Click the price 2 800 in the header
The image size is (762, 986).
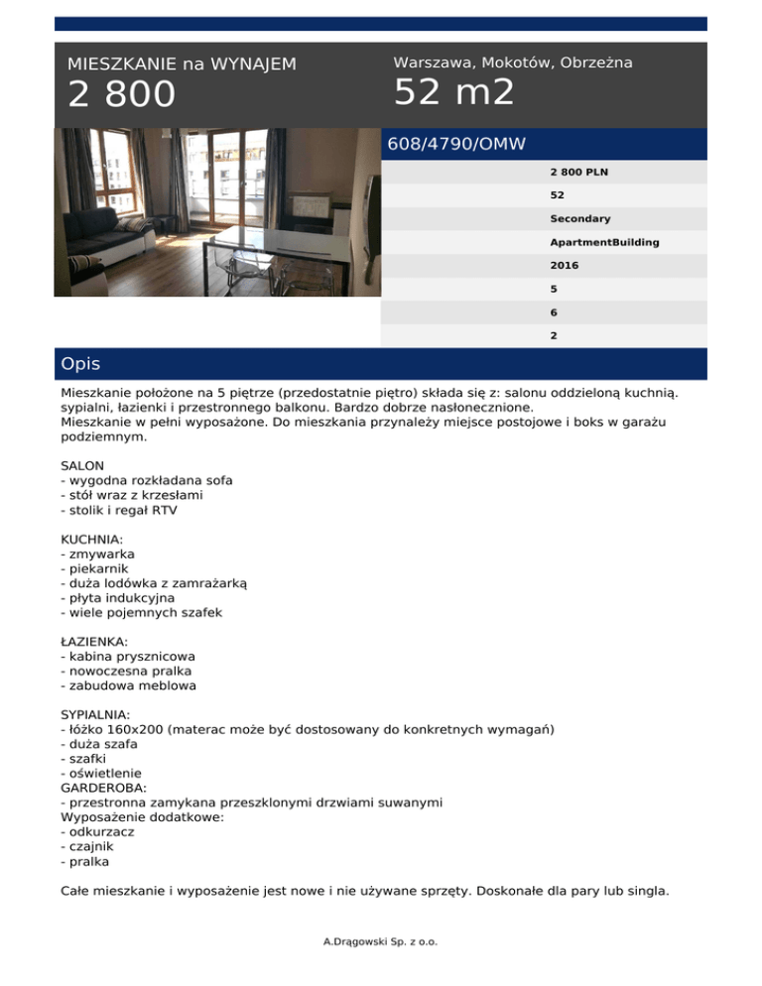click(x=121, y=95)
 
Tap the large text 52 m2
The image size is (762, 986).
click(x=453, y=92)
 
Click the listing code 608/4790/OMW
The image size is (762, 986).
click(x=455, y=144)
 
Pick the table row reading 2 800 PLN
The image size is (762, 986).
click(x=579, y=171)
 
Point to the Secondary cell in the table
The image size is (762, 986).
click(x=580, y=218)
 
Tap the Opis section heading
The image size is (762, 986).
click(x=80, y=364)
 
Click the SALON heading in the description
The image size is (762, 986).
click(x=83, y=464)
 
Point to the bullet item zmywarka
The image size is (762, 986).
click(x=98, y=553)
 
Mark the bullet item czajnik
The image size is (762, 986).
click(x=90, y=846)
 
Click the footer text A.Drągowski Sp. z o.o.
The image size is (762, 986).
click(x=380, y=940)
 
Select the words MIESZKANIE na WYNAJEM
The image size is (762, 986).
click(x=182, y=64)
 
